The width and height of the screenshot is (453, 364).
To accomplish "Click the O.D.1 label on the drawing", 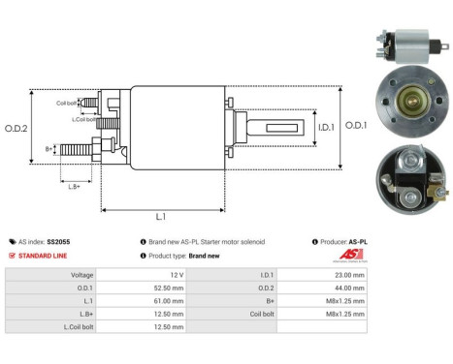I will point(354,125).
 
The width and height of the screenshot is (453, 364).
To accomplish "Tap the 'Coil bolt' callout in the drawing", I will point(67,102).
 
